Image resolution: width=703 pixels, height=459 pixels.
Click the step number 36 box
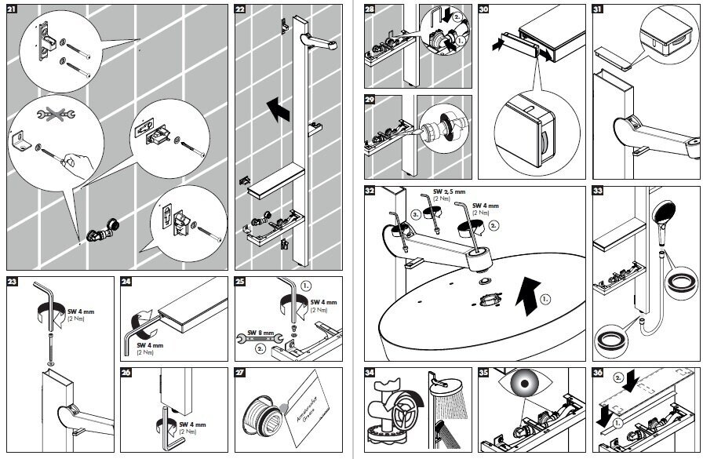[599, 373]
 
